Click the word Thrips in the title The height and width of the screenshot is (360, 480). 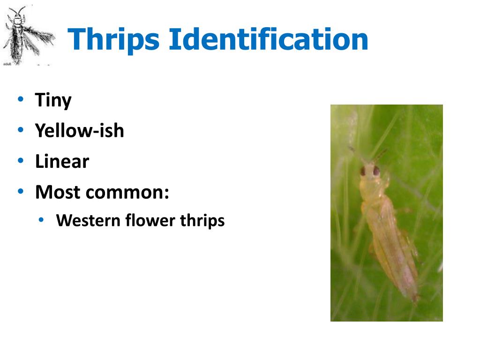pos(115,40)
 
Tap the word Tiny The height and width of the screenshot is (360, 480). pos(53,100)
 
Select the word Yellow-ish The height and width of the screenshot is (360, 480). pos(79,130)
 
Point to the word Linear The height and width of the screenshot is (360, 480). pos(62,161)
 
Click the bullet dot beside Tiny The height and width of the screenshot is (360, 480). pos(21,99)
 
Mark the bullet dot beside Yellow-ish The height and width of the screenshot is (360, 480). pos(21,130)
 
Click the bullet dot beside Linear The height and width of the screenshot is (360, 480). pos(21,161)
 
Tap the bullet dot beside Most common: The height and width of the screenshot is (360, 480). pos(21,191)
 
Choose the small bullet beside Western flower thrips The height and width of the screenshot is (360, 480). pos(42,220)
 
